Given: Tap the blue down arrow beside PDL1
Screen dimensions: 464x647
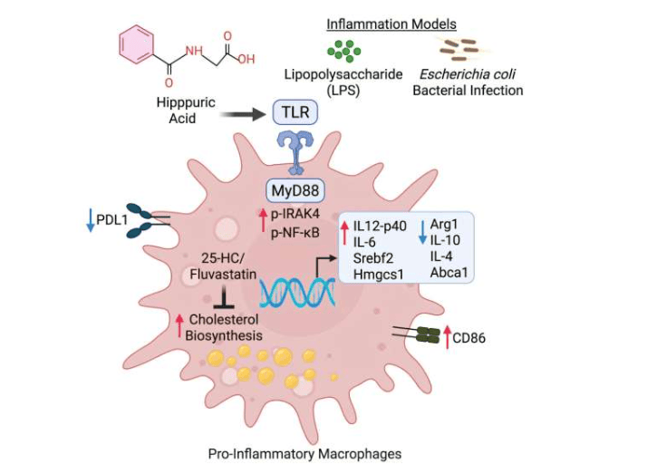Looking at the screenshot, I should [x=91, y=220].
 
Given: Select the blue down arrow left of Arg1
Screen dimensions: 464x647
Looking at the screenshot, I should [x=420, y=232].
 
